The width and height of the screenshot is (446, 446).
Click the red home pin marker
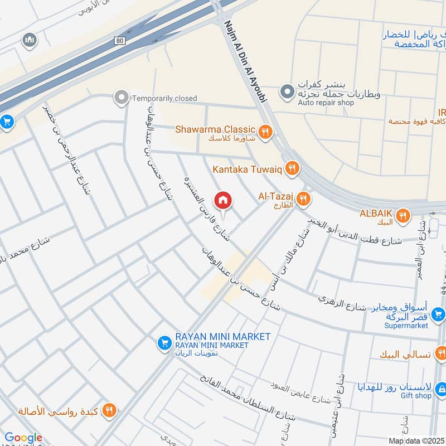(x=223, y=200)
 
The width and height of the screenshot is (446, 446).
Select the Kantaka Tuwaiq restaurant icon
(x=291, y=168)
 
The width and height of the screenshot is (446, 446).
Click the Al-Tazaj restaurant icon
(x=303, y=198)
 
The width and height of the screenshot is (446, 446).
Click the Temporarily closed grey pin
(x=120, y=98)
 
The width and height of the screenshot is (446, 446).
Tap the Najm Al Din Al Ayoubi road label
(x=246, y=61)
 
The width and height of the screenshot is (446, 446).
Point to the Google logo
(x=23, y=438)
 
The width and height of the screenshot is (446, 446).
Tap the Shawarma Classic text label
(x=215, y=129)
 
